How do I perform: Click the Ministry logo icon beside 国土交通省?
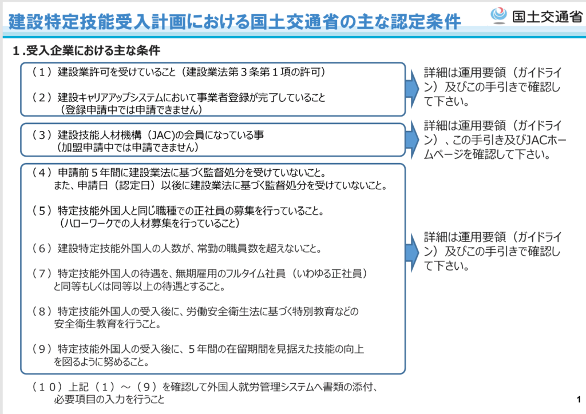(498, 15)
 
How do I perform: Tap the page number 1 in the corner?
(579, 400)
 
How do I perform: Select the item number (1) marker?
(42, 72)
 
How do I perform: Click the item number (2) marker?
(42, 98)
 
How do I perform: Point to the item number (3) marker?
(42, 135)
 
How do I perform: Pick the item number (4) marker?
(42, 173)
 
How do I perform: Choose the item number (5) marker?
(42, 211)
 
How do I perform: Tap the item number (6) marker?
(42, 249)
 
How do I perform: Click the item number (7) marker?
(42, 274)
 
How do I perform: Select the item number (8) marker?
(42, 311)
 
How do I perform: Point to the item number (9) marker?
(42, 349)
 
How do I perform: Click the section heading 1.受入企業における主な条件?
(86, 50)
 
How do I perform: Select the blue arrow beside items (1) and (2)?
(412, 89)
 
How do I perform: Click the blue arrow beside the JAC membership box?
(412, 140)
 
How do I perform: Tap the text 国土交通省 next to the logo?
(547, 17)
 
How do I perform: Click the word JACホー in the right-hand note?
(546, 140)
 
